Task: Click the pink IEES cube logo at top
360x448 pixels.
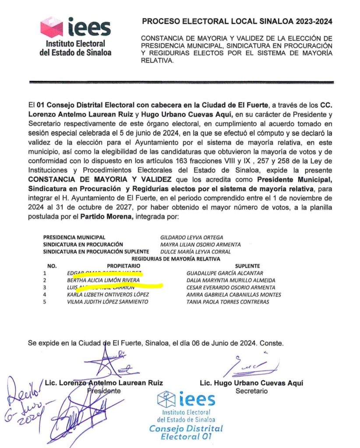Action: pos(52,27)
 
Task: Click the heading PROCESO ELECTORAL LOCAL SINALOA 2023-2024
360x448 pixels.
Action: pos(237,21)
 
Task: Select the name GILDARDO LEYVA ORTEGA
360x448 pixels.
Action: pos(192,238)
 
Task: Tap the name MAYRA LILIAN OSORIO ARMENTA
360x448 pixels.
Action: pos(200,245)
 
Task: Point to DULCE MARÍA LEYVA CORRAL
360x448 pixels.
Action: pos(195,252)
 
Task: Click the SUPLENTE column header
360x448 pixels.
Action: pos(247,266)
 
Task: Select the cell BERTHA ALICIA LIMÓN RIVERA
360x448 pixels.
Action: pos(103,280)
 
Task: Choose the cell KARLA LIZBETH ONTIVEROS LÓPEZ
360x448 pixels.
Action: pos(105,294)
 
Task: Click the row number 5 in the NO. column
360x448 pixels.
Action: pos(44,302)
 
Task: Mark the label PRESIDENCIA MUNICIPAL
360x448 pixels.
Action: pos(74,238)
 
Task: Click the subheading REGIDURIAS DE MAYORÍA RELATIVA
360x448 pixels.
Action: pos(151,259)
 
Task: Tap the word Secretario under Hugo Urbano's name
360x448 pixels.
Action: pos(251,391)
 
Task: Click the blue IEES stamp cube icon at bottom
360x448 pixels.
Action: pos(167,399)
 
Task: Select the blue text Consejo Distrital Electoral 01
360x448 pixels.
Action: pos(186,432)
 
